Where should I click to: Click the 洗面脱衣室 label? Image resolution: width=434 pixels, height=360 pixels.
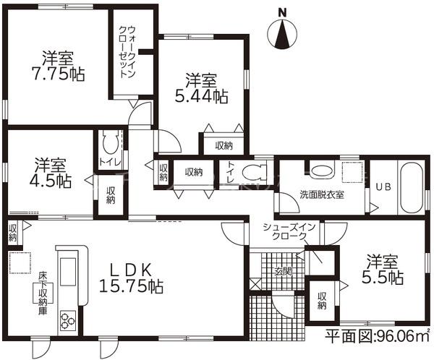pos(322,194)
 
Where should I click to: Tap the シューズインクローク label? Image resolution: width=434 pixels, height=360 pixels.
pos(289,232)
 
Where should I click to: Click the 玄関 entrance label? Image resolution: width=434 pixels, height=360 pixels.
pos(281,272)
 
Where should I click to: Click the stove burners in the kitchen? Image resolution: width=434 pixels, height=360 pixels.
pos(67,317)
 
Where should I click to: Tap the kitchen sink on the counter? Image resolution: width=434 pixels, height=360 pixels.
pos(67,274)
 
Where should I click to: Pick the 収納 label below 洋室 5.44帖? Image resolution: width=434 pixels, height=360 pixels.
pos(224,145)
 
